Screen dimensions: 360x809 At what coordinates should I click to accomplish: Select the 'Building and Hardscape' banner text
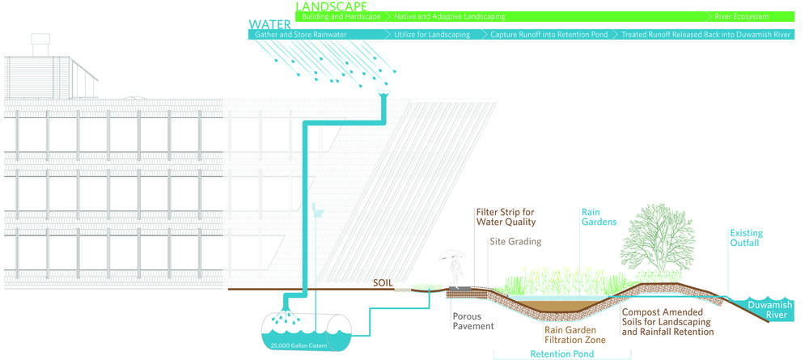pos(340,16)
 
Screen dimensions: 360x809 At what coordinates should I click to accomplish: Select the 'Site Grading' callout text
pos(515,241)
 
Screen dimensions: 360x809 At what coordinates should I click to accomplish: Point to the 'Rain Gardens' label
pos(599,217)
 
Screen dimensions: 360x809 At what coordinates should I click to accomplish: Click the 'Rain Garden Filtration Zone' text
pos(574,335)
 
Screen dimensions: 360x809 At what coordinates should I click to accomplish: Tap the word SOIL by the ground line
pos(383,283)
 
